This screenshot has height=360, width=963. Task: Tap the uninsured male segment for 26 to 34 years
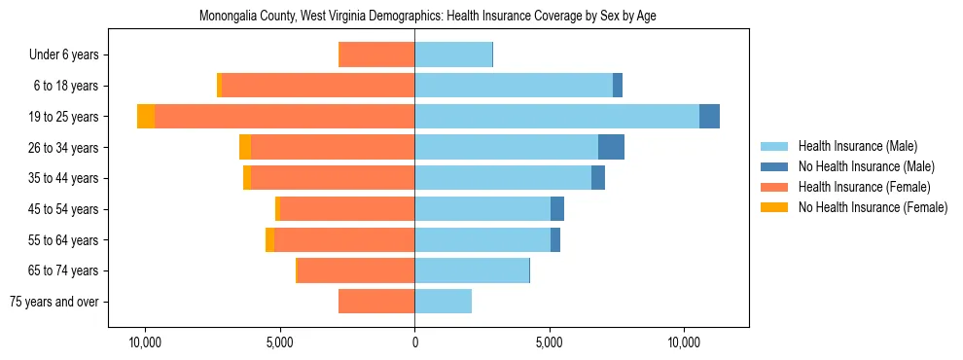[611, 147]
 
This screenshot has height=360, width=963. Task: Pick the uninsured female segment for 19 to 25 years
[146, 116]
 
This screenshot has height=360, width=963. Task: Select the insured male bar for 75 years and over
[443, 302]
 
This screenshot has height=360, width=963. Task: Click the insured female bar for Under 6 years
[376, 54]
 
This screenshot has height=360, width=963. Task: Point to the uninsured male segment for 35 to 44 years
[598, 178]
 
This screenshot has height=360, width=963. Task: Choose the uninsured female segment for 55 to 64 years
[269, 239]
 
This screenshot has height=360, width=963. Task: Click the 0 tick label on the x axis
[414, 342]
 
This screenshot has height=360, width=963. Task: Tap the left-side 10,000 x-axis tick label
[145, 342]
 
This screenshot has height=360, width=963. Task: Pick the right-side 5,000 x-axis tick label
[550, 342]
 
